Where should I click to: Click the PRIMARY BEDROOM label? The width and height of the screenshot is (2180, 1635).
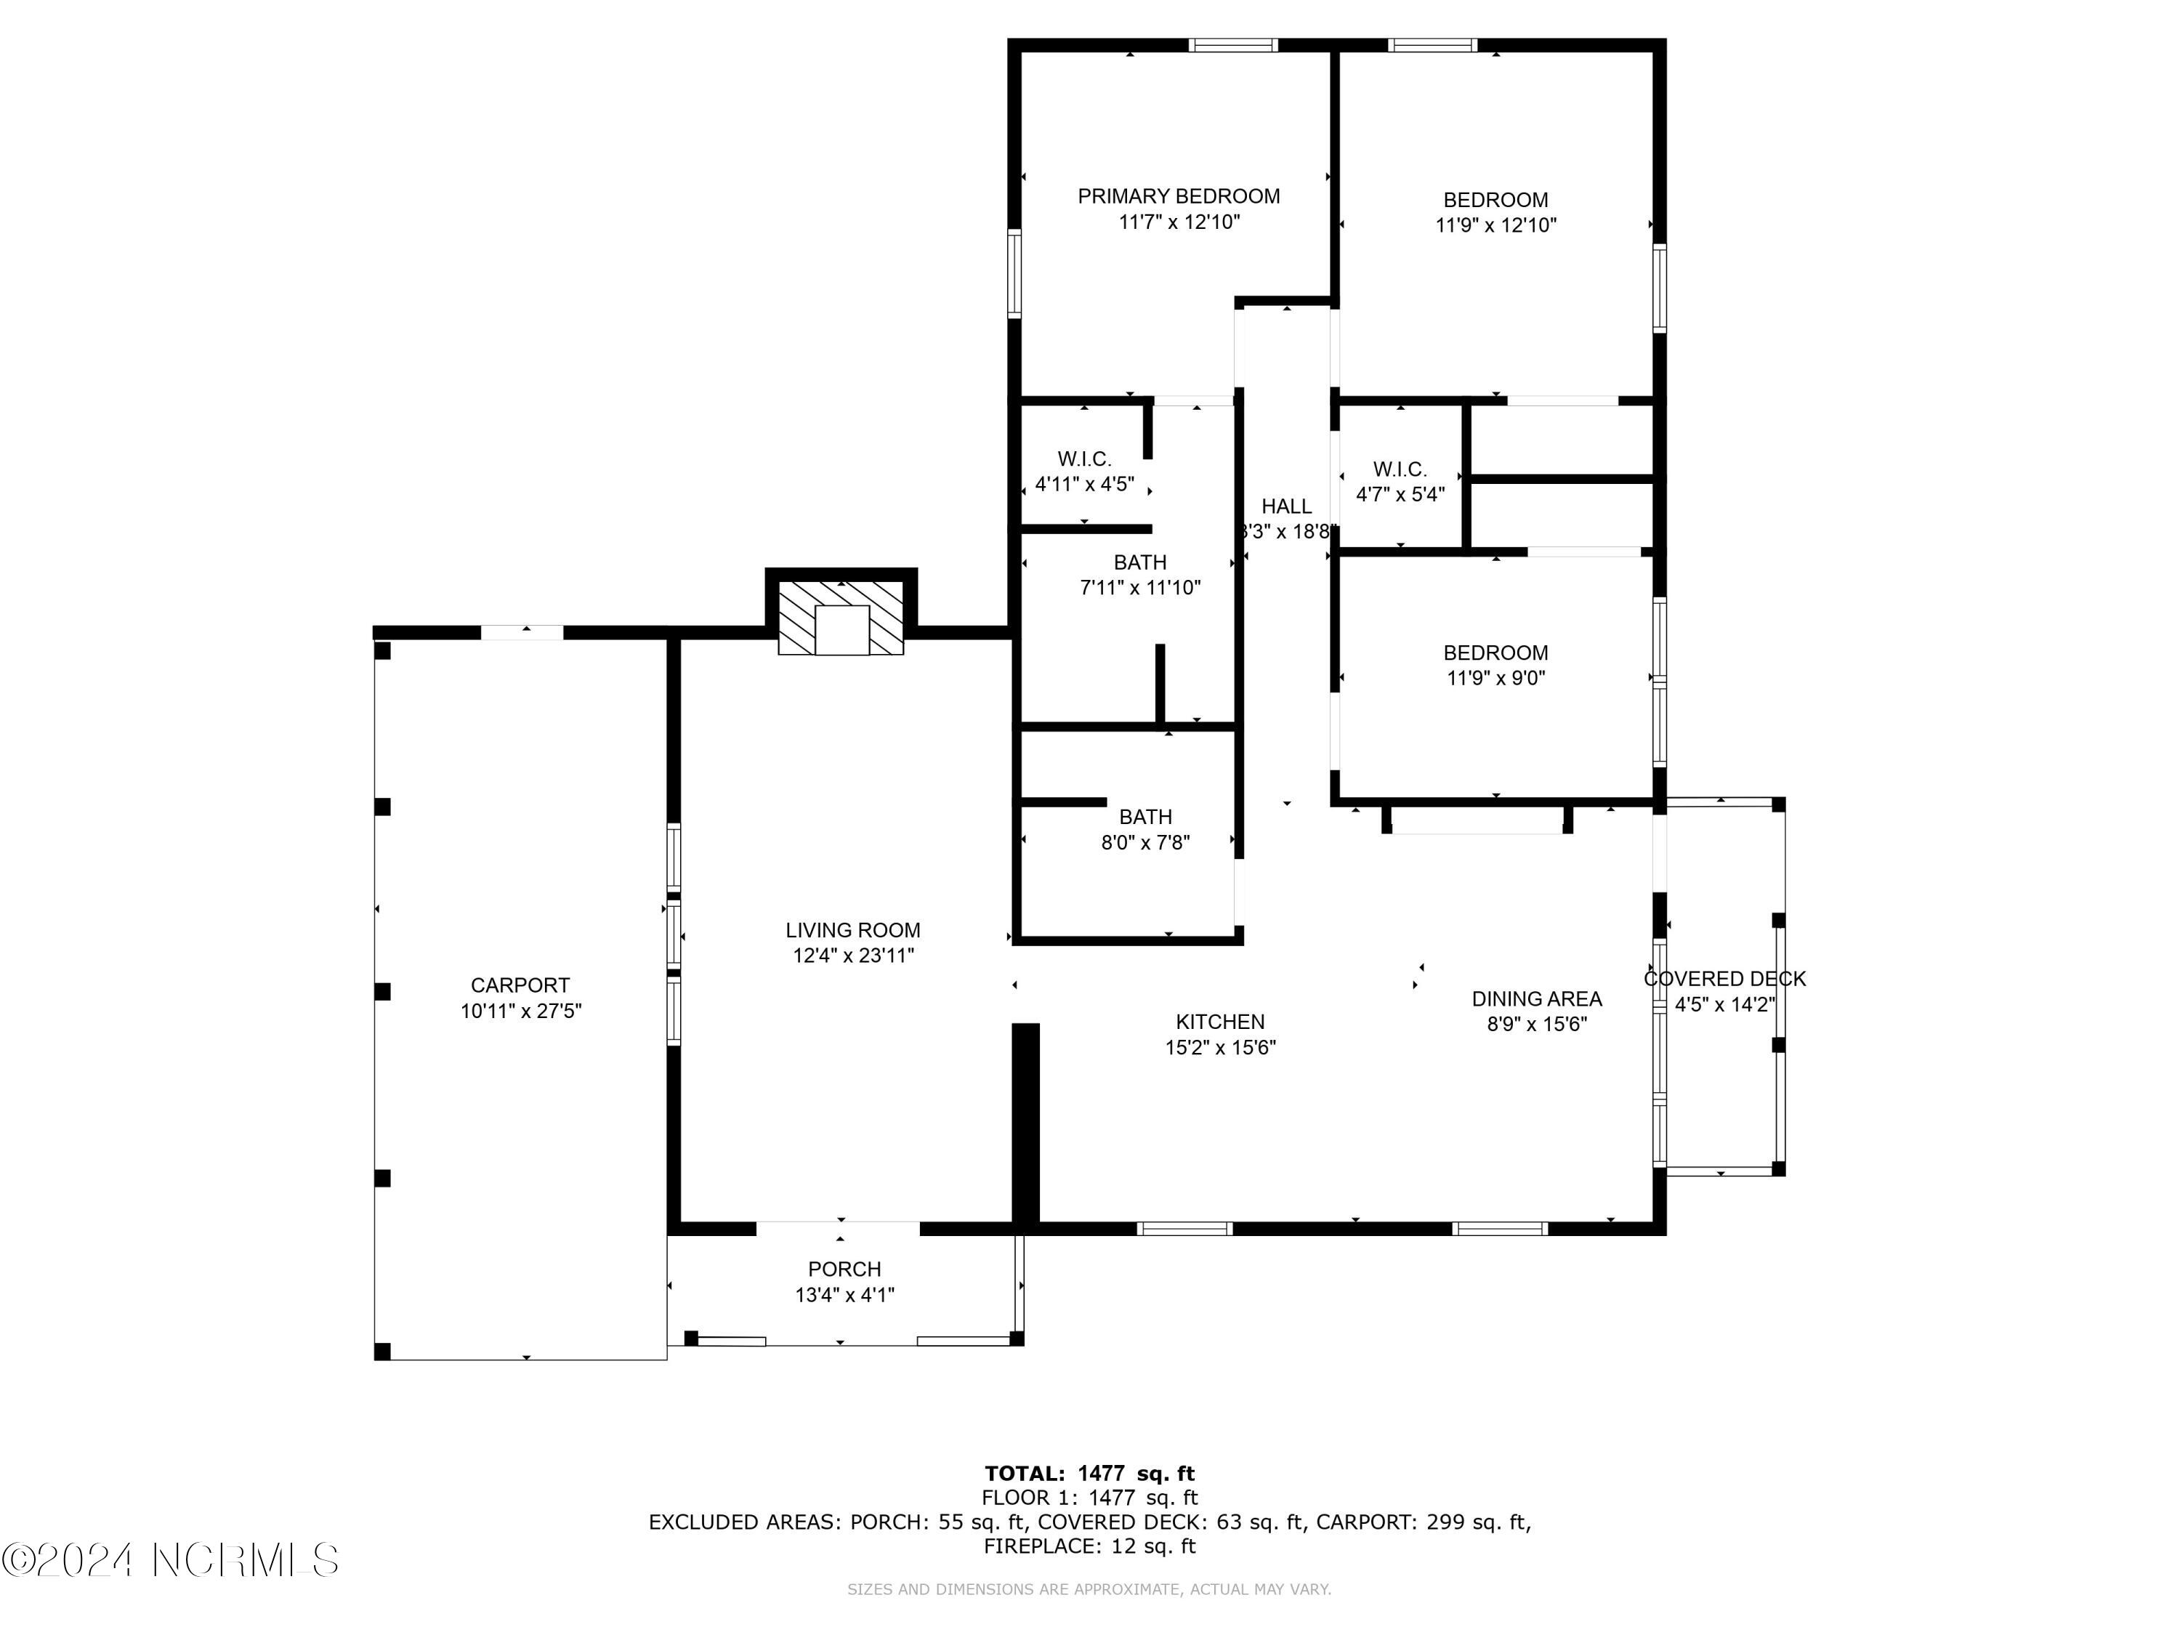point(1179,196)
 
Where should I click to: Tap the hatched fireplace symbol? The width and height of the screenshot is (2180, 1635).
point(841,618)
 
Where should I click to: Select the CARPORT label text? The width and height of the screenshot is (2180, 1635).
point(520,985)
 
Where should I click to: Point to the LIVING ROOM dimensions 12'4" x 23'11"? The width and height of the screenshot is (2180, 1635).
point(854,955)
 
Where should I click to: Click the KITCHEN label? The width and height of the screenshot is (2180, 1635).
point(1220,1022)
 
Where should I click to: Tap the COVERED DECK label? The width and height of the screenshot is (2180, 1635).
point(1724,979)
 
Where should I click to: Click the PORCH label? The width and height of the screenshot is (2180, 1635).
point(844,1269)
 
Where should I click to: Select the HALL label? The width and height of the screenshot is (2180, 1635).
point(1287,506)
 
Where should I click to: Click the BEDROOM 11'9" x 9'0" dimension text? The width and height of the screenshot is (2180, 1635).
point(1496,678)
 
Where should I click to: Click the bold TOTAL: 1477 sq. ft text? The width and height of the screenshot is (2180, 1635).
point(1089,1474)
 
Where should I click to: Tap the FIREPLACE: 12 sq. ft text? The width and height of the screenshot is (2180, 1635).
point(1089,1546)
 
